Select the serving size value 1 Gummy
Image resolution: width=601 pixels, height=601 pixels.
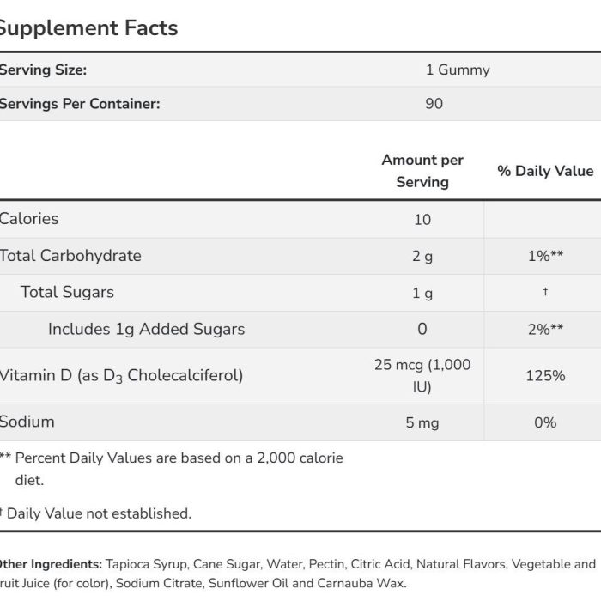click(x=458, y=70)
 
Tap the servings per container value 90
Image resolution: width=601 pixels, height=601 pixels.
click(x=434, y=104)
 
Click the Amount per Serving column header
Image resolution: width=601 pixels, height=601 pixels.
click(x=422, y=171)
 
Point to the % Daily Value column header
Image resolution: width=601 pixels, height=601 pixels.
click(x=545, y=171)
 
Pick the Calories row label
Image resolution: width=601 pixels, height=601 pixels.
click(x=28, y=219)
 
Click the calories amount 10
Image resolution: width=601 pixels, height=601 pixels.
click(x=422, y=220)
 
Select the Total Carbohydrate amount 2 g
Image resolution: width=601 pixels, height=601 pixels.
click(x=422, y=257)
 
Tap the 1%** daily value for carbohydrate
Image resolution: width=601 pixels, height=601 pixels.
click(x=545, y=256)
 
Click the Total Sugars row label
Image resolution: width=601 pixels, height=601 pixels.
click(x=67, y=293)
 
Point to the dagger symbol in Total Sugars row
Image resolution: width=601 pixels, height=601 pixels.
click(x=545, y=292)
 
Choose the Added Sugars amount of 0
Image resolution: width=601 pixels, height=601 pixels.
click(x=422, y=329)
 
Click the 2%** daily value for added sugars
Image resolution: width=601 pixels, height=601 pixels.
click(x=545, y=329)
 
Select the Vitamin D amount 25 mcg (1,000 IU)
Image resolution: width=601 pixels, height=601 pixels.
click(x=422, y=376)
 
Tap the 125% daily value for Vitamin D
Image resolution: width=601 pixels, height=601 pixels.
click(x=545, y=376)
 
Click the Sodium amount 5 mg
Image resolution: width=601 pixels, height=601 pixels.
click(x=422, y=422)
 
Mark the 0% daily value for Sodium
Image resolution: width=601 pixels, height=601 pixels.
click(x=545, y=422)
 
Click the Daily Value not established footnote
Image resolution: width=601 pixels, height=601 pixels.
click(x=95, y=513)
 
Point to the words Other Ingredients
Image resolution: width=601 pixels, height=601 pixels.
click(x=51, y=564)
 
